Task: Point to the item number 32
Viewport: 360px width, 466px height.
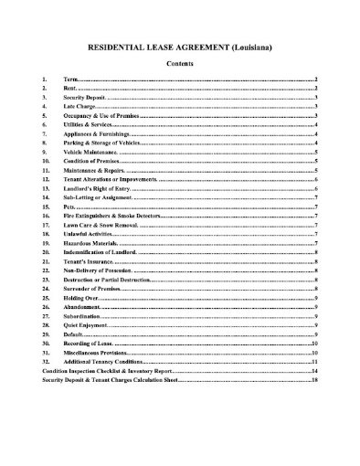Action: coord(46,361)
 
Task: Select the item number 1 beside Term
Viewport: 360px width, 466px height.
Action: coord(44,80)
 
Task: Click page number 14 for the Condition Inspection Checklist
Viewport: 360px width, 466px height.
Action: coord(313,371)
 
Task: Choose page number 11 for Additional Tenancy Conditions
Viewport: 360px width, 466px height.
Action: coord(313,361)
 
